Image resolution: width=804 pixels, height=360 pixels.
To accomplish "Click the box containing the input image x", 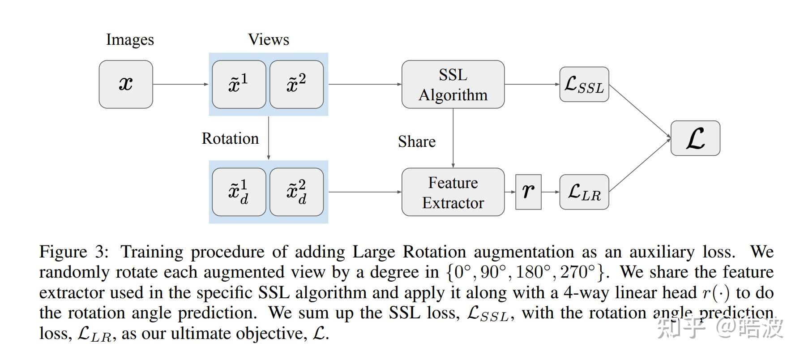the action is coord(126,84).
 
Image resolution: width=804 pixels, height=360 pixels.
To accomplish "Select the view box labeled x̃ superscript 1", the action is coord(239,84).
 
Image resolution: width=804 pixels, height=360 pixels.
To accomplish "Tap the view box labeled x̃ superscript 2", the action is coord(296,84).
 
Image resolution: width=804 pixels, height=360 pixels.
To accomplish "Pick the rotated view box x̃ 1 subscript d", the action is coord(239,192).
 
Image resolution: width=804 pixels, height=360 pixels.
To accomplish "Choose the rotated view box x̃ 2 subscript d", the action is coord(296,192).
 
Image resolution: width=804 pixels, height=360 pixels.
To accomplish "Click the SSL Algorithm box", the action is coord(453,84).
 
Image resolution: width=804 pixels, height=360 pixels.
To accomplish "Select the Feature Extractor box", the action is coord(453,192).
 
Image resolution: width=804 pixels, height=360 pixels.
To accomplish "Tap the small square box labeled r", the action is coord(528,192).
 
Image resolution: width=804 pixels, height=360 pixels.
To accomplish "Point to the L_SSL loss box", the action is coord(584,84).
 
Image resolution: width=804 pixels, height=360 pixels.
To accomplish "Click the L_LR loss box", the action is coord(584,192).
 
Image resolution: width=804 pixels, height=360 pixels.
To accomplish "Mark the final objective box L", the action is coord(695,138).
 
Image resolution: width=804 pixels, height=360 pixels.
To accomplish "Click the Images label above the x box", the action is coord(130,40).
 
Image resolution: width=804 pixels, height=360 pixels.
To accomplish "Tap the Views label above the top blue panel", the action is coord(269,39).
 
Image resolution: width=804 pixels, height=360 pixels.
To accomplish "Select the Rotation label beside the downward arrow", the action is coord(230,138).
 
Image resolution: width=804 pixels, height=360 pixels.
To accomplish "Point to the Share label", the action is coord(417,141).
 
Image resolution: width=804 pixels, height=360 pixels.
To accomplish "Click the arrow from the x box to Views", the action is coord(181,84).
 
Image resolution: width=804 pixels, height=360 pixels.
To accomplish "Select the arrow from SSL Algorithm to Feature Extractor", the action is coord(453,138).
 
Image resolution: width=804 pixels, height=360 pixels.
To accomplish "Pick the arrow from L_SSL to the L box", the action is coord(640,111).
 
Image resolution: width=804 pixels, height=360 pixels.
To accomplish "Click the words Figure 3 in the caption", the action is coord(74,252).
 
